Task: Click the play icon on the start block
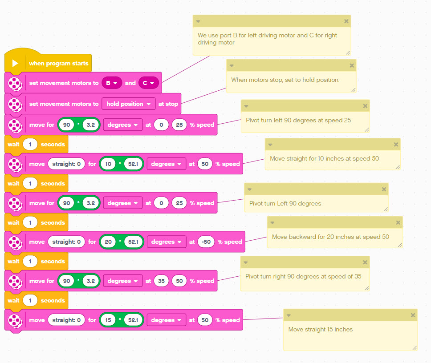[15, 63]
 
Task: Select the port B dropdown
[111, 83]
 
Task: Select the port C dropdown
[148, 83]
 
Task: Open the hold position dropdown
[128, 104]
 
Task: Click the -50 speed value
[205, 242]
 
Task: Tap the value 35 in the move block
[161, 281]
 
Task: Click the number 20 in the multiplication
[108, 242]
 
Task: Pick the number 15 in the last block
[108, 320]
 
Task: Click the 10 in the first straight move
[108, 164]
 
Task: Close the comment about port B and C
[346, 21]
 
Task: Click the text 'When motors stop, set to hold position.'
[285, 80]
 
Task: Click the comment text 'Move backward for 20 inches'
[330, 237]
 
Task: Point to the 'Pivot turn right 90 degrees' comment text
[303, 277]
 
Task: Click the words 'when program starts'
[58, 64]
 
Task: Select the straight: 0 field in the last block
[66, 320]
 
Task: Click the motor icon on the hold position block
[15, 104]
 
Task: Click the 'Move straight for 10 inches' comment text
[324, 159]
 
